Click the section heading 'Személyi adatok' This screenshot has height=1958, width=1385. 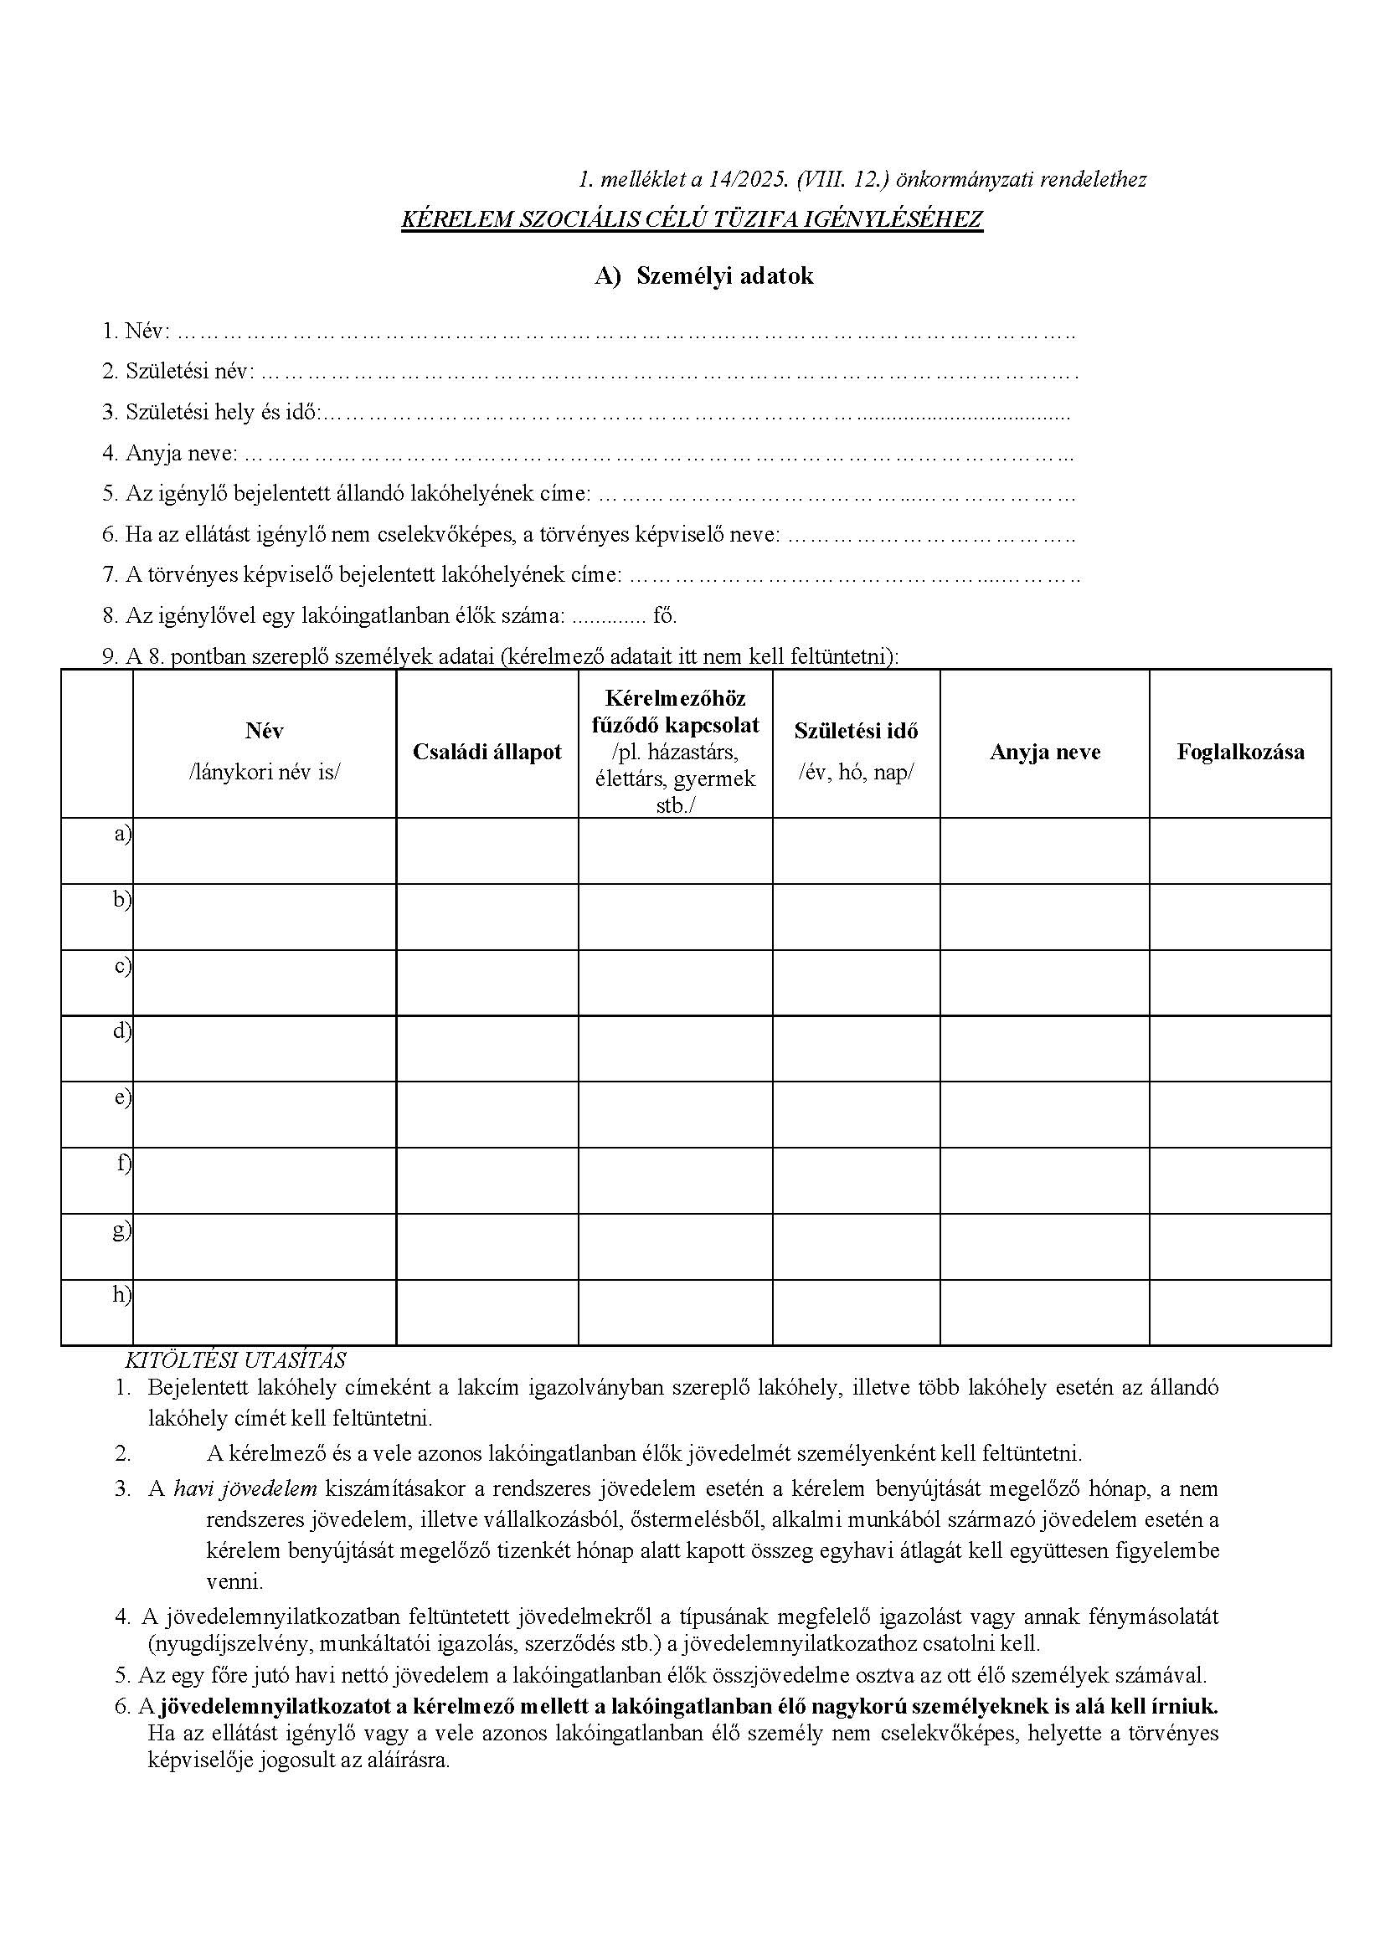(x=724, y=276)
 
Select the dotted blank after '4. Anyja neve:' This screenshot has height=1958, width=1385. (x=656, y=455)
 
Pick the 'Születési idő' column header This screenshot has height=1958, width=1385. (x=856, y=731)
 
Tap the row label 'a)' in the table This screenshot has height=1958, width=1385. (x=123, y=834)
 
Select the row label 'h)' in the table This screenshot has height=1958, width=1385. (x=122, y=1294)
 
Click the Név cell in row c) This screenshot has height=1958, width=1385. (x=265, y=983)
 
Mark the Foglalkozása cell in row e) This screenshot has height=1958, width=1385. (x=1240, y=1114)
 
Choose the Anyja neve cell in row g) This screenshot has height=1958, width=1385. (x=1045, y=1246)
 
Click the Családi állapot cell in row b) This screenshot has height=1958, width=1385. (x=487, y=917)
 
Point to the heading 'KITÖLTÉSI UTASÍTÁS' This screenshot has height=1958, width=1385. (x=235, y=1360)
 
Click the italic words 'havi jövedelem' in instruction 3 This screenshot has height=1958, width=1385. (x=245, y=1490)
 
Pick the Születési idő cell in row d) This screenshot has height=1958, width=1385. (x=857, y=1049)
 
